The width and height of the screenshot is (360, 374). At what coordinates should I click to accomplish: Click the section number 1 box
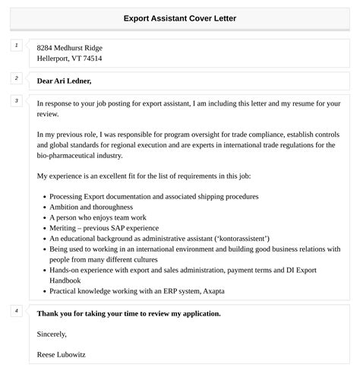[16, 46]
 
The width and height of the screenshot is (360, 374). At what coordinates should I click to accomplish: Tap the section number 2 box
[16, 78]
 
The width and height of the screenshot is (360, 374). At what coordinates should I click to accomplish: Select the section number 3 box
[16, 100]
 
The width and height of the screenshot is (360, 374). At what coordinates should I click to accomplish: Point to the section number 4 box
[16, 310]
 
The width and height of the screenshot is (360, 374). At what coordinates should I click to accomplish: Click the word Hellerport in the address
[55, 58]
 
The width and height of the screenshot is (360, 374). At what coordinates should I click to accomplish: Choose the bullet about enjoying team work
[93, 217]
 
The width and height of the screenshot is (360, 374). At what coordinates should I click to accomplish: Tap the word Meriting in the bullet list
[65, 227]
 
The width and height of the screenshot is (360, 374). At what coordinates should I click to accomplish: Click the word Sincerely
[52, 333]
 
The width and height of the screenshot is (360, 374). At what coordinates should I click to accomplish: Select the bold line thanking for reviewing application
[128, 312]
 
